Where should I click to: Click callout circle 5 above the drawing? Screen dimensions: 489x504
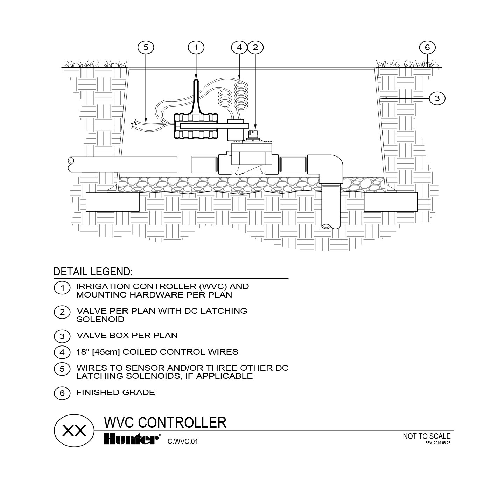point(146,47)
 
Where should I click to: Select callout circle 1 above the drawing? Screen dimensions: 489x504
point(196,47)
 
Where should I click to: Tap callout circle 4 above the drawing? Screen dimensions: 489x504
point(239,47)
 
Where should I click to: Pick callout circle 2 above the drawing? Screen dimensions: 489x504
point(255,47)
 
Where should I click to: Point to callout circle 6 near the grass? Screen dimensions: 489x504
point(427,47)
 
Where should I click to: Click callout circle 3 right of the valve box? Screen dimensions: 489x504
point(437,99)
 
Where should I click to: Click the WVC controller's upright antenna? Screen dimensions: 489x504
point(196,95)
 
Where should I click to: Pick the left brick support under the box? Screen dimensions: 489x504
point(112,202)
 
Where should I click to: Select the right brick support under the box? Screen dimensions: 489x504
point(391,202)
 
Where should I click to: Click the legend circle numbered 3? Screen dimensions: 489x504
point(62,336)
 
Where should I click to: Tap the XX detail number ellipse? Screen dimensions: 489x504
point(74,431)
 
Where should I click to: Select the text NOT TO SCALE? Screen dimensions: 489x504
point(427,436)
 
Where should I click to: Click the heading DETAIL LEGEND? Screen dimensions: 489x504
point(93,272)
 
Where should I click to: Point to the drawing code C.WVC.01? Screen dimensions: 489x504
point(183,442)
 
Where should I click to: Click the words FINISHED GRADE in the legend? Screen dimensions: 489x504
point(115,392)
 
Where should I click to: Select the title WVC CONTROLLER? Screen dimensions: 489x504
point(165,422)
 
